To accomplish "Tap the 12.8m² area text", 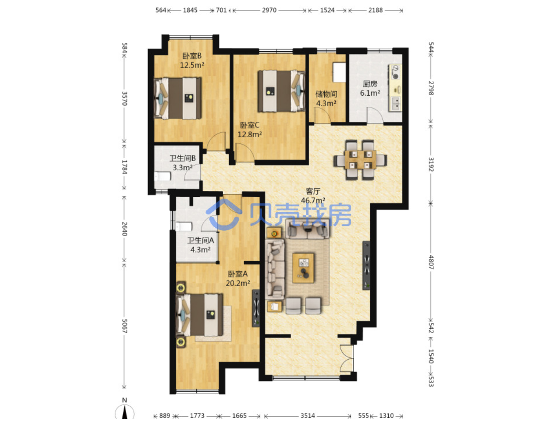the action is [x=250, y=134].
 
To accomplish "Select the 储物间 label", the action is [x=326, y=94].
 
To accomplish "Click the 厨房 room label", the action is [x=370, y=84].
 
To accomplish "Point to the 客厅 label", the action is [x=313, y=191].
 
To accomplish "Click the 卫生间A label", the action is [x=201, y=240].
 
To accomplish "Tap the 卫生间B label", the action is [x=183, y=158].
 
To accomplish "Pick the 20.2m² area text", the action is [x=238, y=283].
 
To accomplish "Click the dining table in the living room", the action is [x=360, y=160].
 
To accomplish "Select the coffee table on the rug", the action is [x=303, y=268].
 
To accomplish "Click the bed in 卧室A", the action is [x=200, y=314].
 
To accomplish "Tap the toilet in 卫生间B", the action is [x=162, y=176].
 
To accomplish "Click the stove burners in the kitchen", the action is [x=396, y=72].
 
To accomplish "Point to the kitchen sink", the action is [x=396, y=104].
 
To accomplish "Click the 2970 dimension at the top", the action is [x=269, y=10].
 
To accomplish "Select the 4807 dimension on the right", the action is [x=431, y=262].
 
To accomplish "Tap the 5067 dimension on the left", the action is [x=124, y=326].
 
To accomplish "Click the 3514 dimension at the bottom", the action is [x=308, y=415].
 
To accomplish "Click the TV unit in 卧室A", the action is [x=256, y=308].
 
